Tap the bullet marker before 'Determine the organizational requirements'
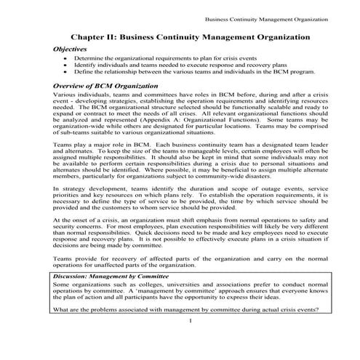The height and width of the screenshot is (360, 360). [x=66, y=58]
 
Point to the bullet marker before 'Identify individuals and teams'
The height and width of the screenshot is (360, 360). [x=66, y=65]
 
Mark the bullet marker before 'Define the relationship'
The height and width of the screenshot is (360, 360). [x=66, y=73]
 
